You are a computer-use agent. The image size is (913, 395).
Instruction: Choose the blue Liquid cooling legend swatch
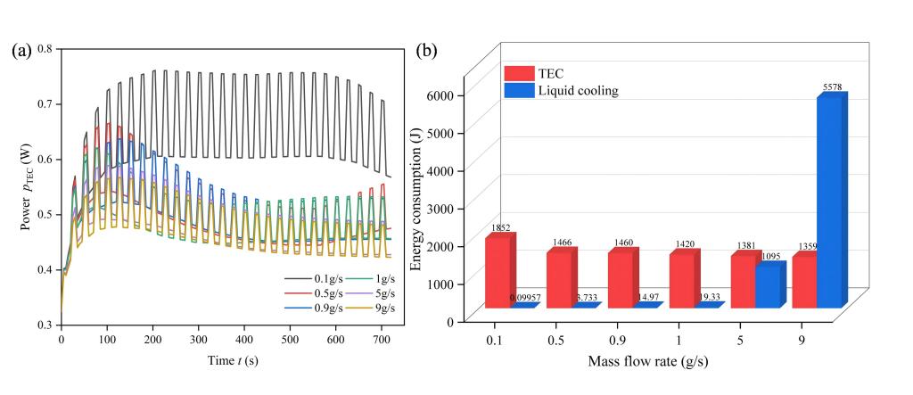click(517, 90)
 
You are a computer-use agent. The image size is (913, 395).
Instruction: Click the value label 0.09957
click(526, 297)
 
